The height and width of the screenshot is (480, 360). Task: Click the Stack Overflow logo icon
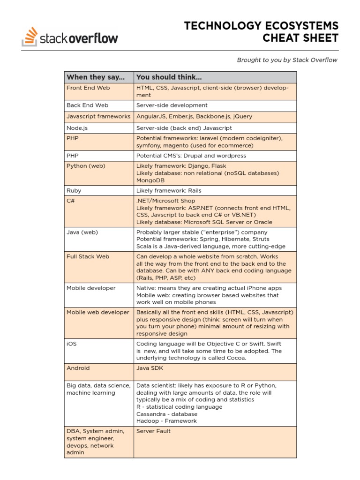click(x=30, y=37)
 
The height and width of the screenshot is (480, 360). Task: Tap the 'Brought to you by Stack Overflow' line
click(x=287, y=60)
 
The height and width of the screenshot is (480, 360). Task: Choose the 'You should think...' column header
click(x=169, y=77)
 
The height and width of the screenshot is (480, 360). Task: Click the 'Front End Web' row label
click(x=88, y=88)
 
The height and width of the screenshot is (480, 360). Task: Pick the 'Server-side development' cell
click(x=172, y=105)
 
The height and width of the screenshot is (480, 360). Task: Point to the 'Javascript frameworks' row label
click(x=98, y=116)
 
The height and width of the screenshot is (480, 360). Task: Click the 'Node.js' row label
click(x=77, y=127)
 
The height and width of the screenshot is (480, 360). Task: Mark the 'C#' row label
click(x=71, y=201)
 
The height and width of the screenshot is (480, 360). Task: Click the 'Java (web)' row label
click(x=82, y=232)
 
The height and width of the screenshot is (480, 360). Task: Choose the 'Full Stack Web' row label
click(x=88, y=256)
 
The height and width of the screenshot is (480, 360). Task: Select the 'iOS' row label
click(x=72, y=344)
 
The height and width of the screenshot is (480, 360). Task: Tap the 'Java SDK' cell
click(x=150, y=368)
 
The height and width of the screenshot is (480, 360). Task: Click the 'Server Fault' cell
click(x=153, y=431)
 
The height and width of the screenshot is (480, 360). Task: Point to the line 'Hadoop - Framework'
click(x=166, y=421)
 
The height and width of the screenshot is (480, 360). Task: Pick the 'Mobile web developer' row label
click(x=98, y=312)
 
